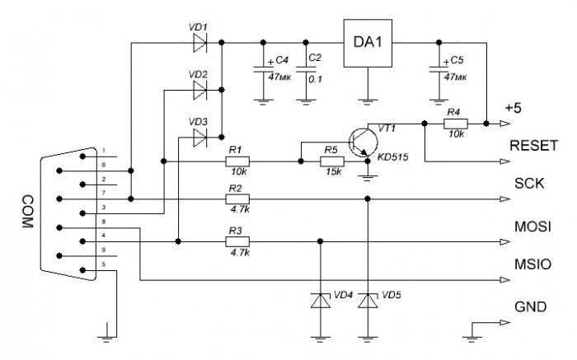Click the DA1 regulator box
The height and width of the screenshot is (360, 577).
368,43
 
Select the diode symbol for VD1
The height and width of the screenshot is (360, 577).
199,43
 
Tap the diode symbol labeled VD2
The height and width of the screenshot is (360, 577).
199,90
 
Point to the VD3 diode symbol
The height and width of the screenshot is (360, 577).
199,137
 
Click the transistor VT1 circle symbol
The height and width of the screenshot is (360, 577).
364,143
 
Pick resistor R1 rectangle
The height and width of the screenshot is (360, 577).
237,161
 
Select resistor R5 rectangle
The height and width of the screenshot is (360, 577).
332,161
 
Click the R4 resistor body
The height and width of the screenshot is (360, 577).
456,124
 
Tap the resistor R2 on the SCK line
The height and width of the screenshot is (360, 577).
237,199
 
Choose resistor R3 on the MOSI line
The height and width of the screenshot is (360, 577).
237,241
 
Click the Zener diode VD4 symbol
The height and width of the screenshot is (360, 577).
320,301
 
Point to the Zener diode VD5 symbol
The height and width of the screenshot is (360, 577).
368,301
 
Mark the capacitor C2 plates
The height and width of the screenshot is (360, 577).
306,69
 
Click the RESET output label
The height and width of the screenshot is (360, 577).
534,146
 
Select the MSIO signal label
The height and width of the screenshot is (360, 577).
532,264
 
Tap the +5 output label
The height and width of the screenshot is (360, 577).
514,108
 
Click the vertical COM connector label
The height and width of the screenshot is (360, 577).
27,212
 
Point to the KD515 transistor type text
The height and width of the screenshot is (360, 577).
393,157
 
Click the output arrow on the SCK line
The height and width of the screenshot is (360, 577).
504,199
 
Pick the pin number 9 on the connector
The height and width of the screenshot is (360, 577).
104,250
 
